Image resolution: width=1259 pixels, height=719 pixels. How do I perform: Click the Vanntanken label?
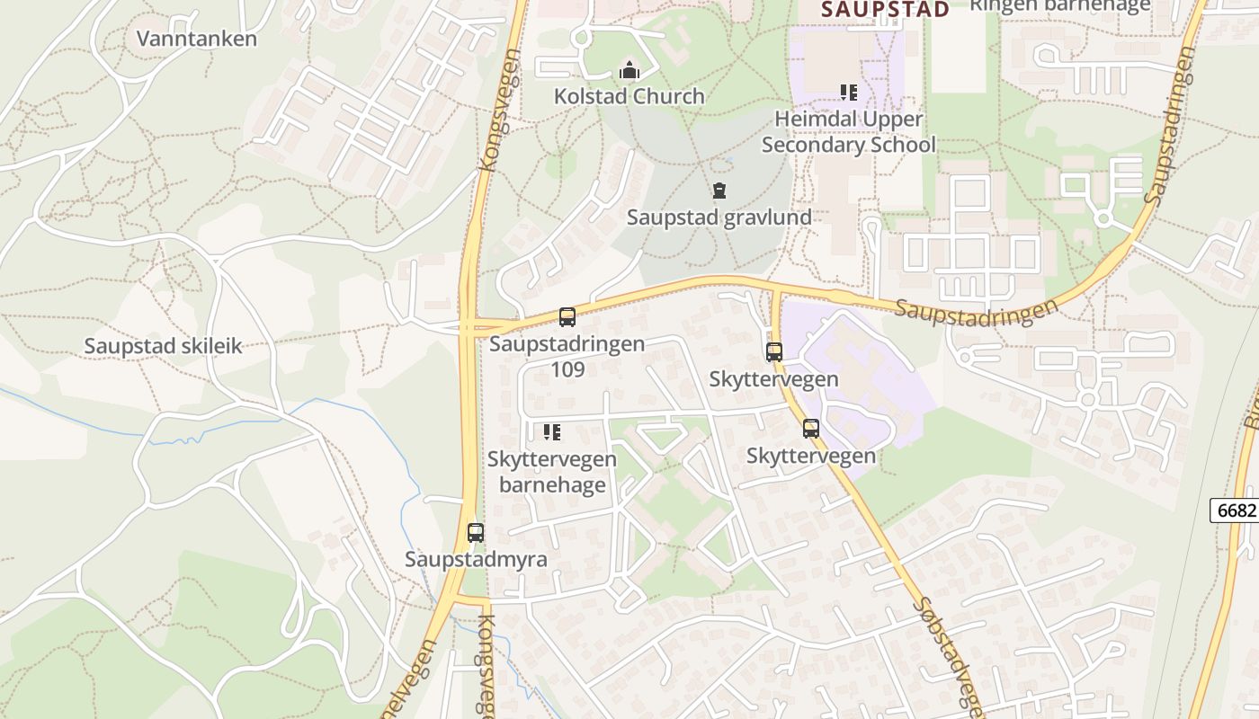(197, 39)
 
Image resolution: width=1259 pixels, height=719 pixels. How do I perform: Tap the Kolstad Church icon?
(629, 69)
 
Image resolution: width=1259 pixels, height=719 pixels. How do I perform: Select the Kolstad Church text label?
(629, 96)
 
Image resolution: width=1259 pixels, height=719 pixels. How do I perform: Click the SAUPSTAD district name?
(886, 10)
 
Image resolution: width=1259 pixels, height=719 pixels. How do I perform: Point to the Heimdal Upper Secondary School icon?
(848, 92)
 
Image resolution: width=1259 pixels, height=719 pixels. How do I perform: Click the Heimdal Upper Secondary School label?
(849, 132)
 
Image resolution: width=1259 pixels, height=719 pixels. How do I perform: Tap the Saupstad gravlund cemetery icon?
(719, 191)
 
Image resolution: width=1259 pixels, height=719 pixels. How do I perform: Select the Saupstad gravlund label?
(719, 217)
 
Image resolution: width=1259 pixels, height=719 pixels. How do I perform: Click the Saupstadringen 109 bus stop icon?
(567, 316)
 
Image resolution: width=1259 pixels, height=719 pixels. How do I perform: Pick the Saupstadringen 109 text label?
(567, 356)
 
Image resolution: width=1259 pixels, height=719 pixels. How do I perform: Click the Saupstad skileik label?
(164, 346)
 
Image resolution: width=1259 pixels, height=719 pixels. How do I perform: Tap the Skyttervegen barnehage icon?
(552, 432)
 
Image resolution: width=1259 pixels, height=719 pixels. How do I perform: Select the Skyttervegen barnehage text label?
(552, 472)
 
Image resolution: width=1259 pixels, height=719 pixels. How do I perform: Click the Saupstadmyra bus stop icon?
(476, 532)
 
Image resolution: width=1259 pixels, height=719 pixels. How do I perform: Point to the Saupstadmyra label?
(476, 559)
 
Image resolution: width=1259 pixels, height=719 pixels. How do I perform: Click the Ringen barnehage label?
(1059, 5)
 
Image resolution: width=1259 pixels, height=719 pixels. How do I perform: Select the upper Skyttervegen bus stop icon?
(773, 352)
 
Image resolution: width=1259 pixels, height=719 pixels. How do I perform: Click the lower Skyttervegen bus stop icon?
(810, 429)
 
